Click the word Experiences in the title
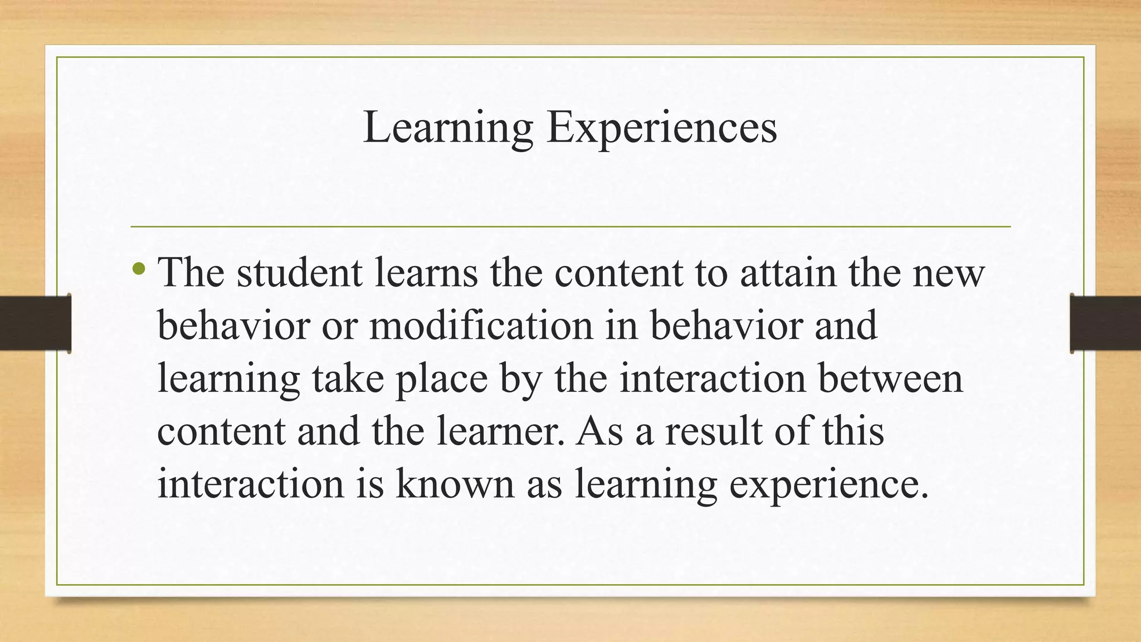point(661,128)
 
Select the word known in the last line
point(455,483)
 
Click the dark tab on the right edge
point(1105,323)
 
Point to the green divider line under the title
point(570,227)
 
